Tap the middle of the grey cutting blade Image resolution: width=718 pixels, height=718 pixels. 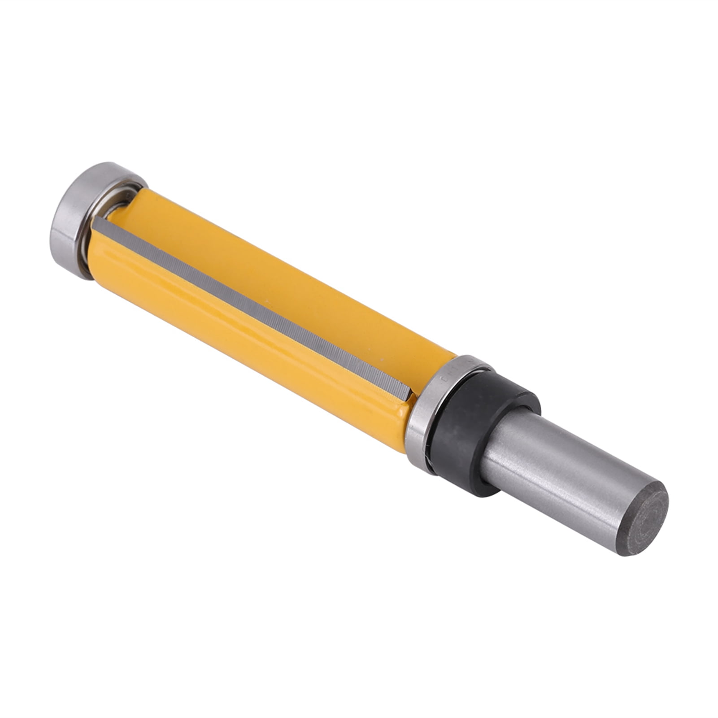click(x=251, y=305)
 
